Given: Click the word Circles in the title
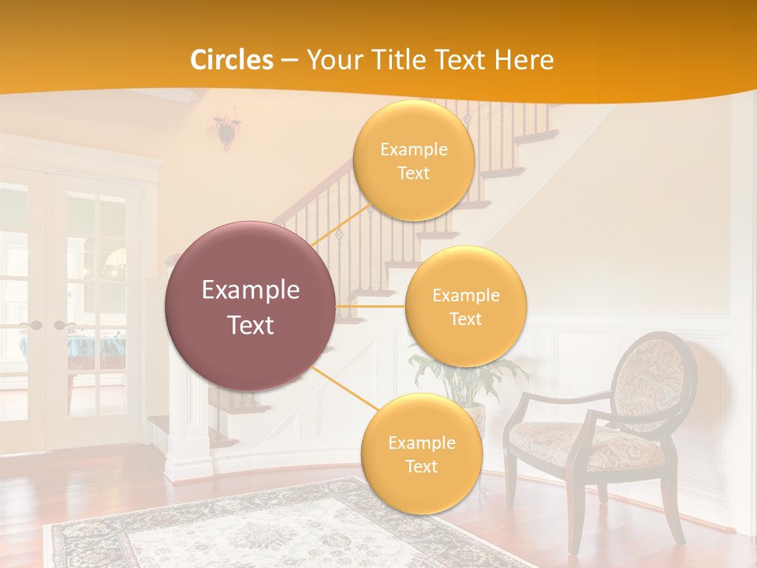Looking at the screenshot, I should click(233, 60).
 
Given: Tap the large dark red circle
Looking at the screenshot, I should click(251, 306).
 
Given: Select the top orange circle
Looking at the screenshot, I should click(413, 160).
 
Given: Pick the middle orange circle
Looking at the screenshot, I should click(465, 307).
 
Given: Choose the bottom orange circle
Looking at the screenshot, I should click(421, 454).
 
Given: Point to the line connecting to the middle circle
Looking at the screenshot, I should click(370, 306).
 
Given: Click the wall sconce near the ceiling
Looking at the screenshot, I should click(227, 130).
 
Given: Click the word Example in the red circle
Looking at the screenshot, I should click(251, 290).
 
